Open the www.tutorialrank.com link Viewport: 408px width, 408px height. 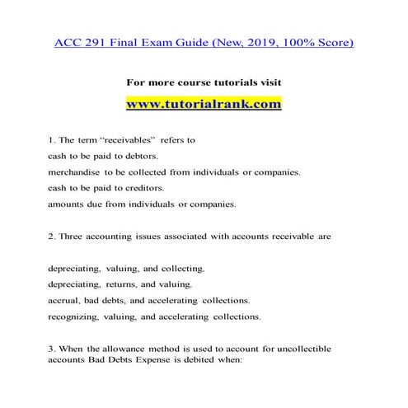[x=204, y=106]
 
